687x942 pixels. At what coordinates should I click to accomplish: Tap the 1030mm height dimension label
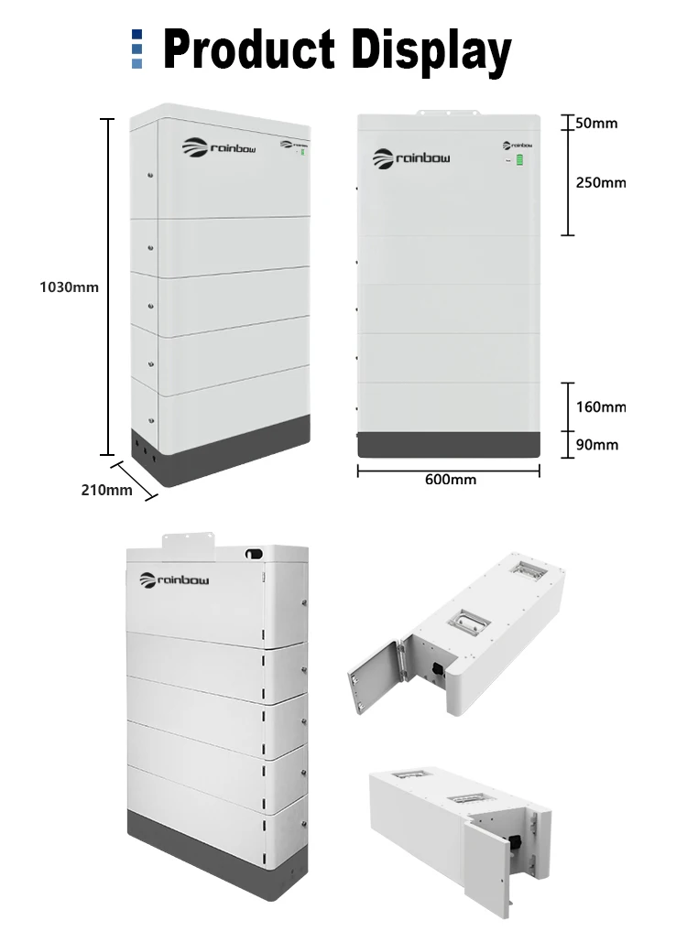69,287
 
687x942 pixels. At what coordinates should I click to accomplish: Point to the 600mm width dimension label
450,479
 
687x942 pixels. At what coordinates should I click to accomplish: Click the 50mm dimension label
596,123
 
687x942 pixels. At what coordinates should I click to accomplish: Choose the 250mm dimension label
600,182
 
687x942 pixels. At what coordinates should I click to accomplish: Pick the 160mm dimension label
600,406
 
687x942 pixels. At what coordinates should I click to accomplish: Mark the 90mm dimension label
596,445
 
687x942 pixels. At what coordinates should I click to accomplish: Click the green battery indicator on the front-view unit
520,161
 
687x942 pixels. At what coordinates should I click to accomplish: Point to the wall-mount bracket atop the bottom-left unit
188,541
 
